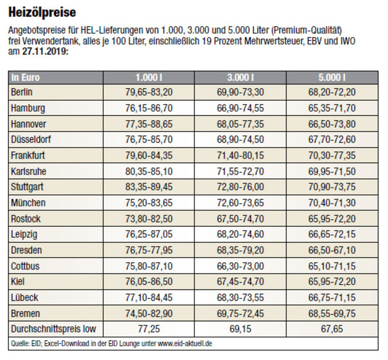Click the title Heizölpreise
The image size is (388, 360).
[42, 12]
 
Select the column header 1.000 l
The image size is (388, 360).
[149, 78]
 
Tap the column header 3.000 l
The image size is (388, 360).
[240, 78]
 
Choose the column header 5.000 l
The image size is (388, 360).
[332, 78]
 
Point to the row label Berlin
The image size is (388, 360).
[22, 92]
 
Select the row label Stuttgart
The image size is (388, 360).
[28, 187]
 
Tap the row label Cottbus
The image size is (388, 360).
[25, 266]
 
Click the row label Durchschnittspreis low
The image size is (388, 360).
[53, 329]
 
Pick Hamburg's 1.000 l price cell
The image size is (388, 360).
[149, 108]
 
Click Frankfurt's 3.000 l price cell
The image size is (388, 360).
[240, 155]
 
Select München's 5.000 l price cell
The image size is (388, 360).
[332, 202]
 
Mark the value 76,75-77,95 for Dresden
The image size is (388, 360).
[149, 250]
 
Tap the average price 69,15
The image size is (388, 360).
[240, 329]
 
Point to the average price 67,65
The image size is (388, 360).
[332, 329]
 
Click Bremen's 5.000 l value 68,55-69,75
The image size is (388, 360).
[332, 313]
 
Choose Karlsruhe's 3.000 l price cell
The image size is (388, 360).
[240, 171]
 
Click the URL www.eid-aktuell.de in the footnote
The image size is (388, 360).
[185, 344]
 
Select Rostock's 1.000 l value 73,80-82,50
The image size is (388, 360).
[149, 218]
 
